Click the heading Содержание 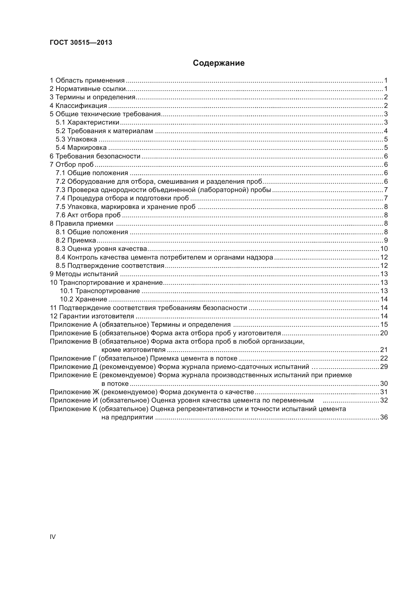(219, 63)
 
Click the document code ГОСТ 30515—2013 (81, 42)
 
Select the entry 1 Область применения (87, 81)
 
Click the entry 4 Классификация (78, 106)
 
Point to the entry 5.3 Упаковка (76, 139)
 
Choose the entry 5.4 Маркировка (81, 148)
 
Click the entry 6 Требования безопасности (95, 156)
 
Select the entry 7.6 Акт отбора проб (88, 215)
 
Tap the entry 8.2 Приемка (76, 240)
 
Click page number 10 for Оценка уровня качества (384, 249)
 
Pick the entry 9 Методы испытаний (84, 274)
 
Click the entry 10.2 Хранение (83, 299)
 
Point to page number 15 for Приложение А (384, 325)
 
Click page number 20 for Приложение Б (384, 333)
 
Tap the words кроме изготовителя (133, 350)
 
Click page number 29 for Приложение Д (384, 367)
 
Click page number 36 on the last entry (384, 417)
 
